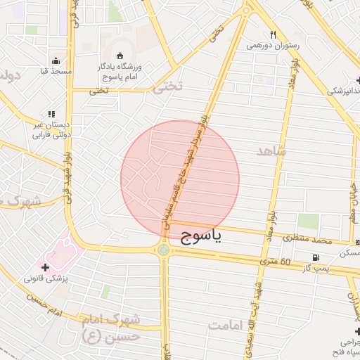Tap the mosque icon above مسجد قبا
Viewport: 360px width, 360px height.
tap(56, 60)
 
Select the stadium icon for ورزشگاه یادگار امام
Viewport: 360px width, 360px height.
tap(118, 56)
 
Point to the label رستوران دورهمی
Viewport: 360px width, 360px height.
tap(273, 45)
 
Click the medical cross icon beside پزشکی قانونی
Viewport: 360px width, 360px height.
tap(46, 268)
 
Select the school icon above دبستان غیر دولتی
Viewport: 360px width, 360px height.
tap(50, 113)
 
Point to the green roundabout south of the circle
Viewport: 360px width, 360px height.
tap(164, 250)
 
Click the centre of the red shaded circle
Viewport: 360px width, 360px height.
tap(180, 179)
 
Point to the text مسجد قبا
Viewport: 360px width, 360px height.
tap(52, 72)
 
